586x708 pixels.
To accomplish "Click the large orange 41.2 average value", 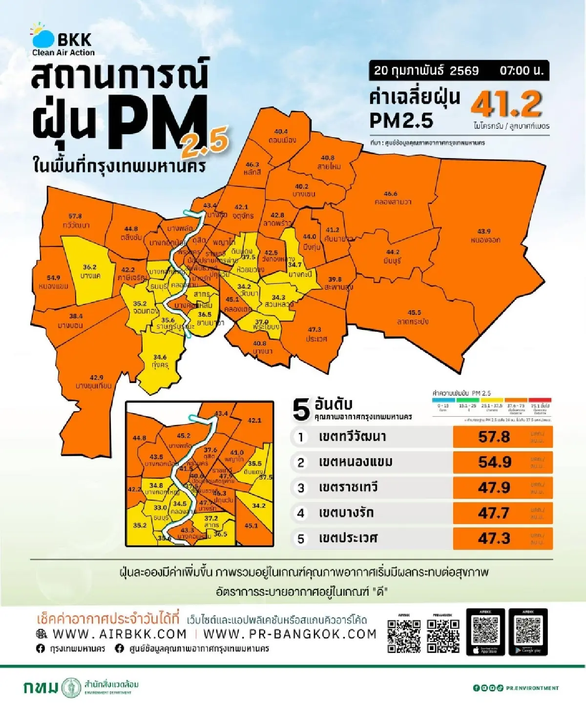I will (506, 103).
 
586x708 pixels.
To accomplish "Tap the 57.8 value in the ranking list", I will (494, 437).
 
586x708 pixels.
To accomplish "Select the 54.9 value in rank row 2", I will (494, 462).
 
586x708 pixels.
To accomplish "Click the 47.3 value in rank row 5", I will (494, 538).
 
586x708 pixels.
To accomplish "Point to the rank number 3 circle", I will (301, 487).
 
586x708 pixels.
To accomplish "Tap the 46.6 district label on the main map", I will (390, 194).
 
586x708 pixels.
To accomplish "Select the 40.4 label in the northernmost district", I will (281, 132).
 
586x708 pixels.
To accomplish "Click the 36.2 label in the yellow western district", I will (89, 267).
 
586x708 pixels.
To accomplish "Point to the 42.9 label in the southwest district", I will (96, 377).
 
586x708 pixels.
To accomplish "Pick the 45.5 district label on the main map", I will (414, 312).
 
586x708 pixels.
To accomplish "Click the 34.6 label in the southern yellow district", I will (160, 357).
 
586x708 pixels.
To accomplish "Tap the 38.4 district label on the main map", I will (76, 316).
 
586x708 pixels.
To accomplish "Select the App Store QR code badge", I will (485, 631).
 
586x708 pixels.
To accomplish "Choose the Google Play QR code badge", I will (528, 631).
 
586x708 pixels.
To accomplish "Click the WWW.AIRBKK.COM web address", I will (119, 634).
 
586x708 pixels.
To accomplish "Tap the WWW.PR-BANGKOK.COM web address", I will (290, 634).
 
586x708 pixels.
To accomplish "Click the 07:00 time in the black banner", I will (521, 70).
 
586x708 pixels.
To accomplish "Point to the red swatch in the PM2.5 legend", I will (540, 400).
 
